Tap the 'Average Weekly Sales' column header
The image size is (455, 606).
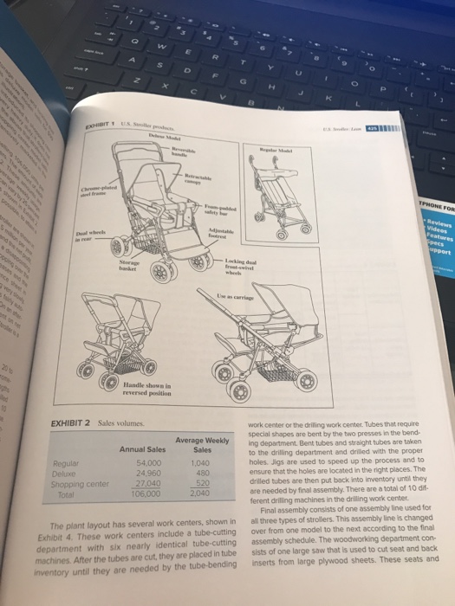(x=201, y=445)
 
